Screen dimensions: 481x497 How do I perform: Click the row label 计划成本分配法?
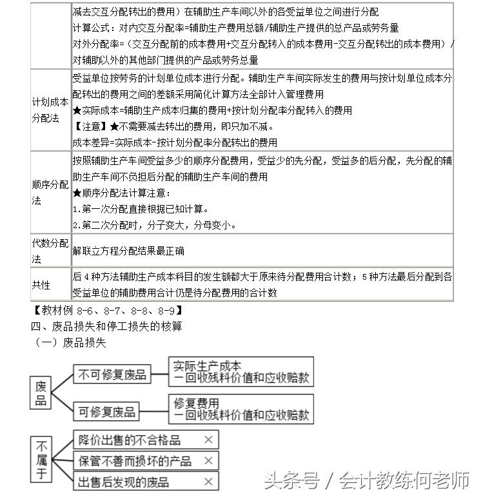tap(50, 110)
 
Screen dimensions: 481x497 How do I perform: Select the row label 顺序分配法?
tap(50, 193)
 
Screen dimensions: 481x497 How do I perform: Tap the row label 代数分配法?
tap(50, 251)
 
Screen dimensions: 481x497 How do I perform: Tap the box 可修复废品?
tap(107, 411)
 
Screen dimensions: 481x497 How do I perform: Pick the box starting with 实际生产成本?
tap(240, 373)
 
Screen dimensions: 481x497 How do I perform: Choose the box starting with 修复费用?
tap(240, 409)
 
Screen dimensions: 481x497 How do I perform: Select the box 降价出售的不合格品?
tap(130, 440)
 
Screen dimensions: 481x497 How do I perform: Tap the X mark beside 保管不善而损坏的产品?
tap(208, 461)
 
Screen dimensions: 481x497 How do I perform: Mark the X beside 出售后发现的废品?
tap(208, 482)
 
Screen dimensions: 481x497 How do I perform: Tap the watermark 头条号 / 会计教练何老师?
tap(367, 480)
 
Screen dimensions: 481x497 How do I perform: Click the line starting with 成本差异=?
tap(175, 142)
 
